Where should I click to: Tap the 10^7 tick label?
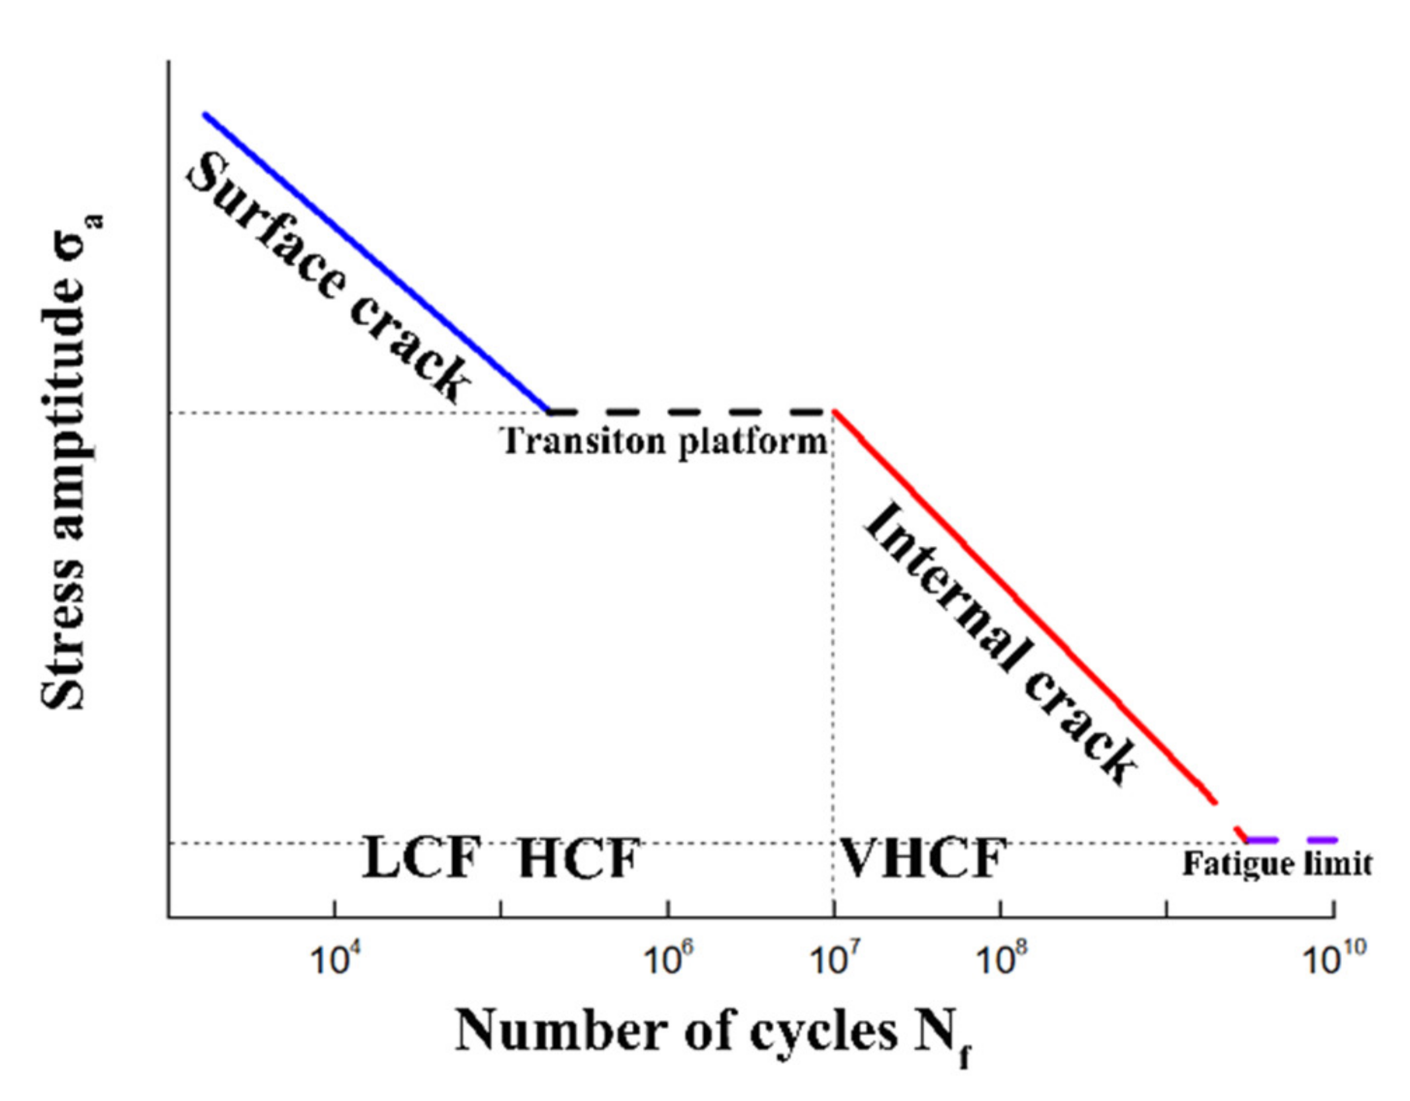[833, 960]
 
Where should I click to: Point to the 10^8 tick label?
[1000, 960]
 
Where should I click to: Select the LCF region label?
[422, 858]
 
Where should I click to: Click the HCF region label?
[579, 858]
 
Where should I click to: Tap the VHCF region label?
[923, 858]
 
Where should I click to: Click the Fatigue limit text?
[1276, 864]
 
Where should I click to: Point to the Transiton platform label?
[665, 442]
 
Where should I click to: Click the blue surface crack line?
[376, 262]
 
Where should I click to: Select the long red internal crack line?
[1021, 604]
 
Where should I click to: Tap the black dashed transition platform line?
[692, 411]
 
